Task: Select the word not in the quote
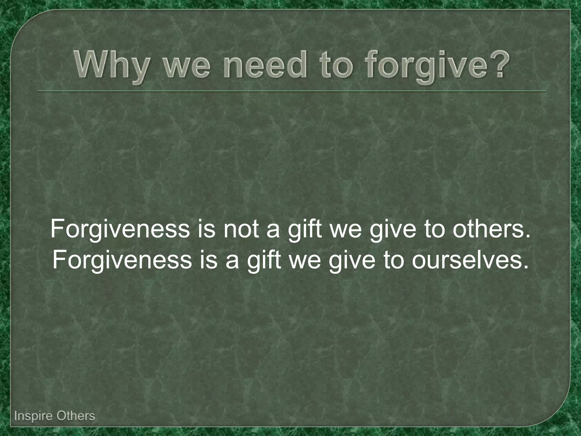241,229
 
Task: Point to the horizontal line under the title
292,91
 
